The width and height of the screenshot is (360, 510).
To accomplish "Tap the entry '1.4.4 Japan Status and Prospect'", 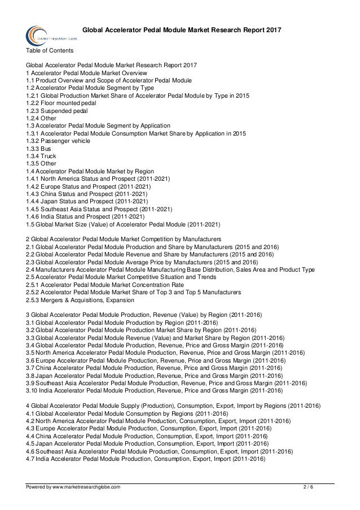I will click(x=87, y=200).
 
